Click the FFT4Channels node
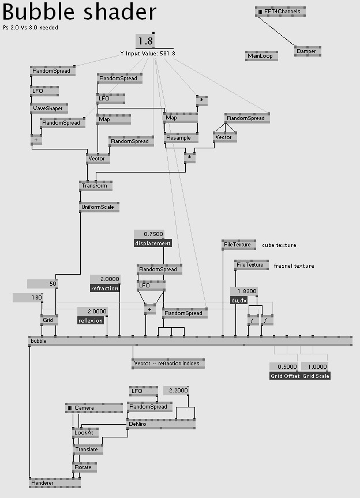[280, 12]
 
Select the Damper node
[307, 51]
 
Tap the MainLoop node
[261, 56]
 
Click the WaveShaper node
[49, 108]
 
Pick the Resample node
[181, 138]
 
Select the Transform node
[96, 186]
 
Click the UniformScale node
[99, 207]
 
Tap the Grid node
[49, 320]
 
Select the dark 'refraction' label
[104, 289]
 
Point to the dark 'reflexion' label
[91, 320]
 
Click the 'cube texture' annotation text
[279, 245]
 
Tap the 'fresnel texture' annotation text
[294, 266]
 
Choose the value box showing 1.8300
[244, 291]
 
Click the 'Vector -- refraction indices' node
[168, 364]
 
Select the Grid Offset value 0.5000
[283, 367]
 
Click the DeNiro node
[161, 424]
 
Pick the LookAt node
[85, 433]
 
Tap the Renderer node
[55, 483]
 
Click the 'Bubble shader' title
[80, 12]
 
